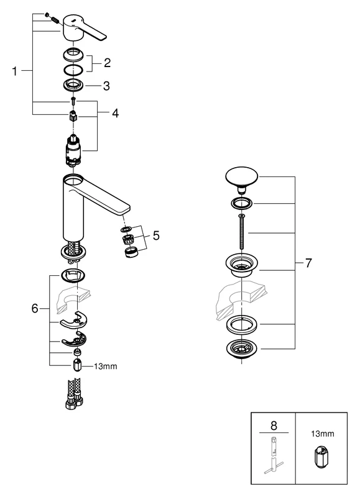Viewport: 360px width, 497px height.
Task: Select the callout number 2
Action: pyautogui.click(x=107, y=62)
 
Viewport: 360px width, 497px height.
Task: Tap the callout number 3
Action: pyautogui.click(x=106, y=85)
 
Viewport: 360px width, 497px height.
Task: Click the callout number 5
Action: pyautogui.click(x=156, y=236)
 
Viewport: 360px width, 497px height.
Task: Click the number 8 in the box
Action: pyautogui.click(x=272, y=427)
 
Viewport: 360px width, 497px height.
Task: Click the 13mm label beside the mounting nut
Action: pyautogui.click(x=105, y=367)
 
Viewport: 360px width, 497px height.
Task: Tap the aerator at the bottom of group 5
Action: pyautogui.click(x=131, y=252)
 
